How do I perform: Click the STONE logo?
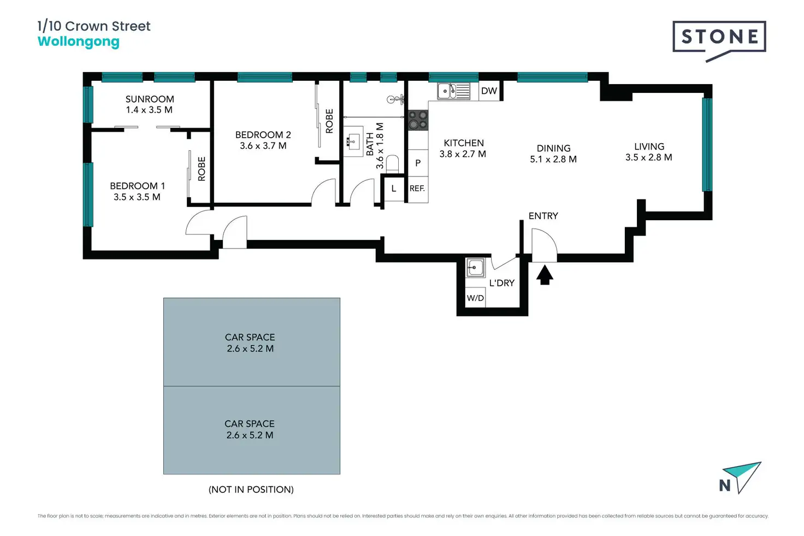pyautogui.click(x=719, y=38)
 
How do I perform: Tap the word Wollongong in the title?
pyautogui.click(x=78, y=42)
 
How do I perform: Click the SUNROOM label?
pyautogui.click(x=150, y=99)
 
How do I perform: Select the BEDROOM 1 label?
pyautogui.click(x=137, y=186)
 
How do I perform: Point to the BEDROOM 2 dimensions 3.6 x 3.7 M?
pyautogui.click(x=263, y=146)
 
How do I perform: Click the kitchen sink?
pyautogui.click(x=453, y=91)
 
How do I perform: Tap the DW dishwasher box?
pyautogui.click(x=489, y=91)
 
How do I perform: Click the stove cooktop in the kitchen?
pyautogui.click(x=418, y=120)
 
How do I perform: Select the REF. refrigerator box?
pyautogui.click(x=417, y=189)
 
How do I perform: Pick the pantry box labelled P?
pyautogui.click(x=418, y=163)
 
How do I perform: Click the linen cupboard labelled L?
pyautogui.click(x=393, y=189)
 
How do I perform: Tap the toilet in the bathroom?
pyautogui.click(x=392, y=163)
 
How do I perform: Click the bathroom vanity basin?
pyautogui.click(x=353, y=142)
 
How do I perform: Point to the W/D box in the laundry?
pyautogui.click(x=475, y=298)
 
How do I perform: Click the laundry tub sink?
pyautogui.click(x=475, y=268)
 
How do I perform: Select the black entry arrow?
pyautogui.click(x=545, y=275)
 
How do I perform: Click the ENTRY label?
pyautogui.click(x=543, y=216)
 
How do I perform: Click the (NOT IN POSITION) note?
pyautogui.click(x=251, y=490)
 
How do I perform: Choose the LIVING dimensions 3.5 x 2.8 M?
pyautogui.click(x=648, y=157)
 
